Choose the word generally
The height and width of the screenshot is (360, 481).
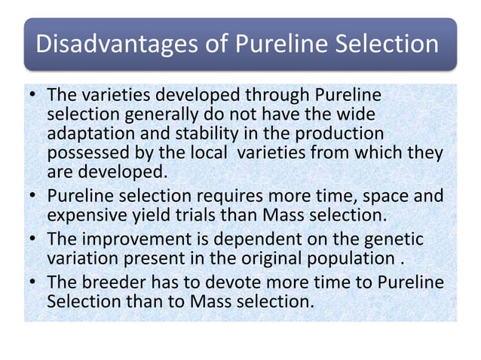pos(158,114)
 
